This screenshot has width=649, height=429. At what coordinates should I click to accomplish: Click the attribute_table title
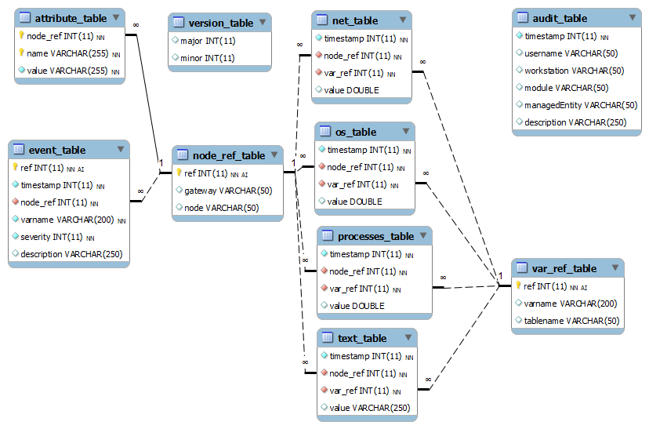[x=71, y=19]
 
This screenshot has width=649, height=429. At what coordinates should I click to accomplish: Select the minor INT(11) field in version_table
[x=208, y=58]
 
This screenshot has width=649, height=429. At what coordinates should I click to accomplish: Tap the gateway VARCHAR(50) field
[x=228, y=191]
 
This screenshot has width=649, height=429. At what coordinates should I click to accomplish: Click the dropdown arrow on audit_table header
[x=632, y=17]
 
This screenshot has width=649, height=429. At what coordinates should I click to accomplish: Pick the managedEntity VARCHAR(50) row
[x=581, y=105]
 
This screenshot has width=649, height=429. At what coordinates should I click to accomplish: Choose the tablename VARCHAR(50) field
[x=571, y=321]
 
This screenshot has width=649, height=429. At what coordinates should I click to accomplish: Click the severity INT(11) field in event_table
[x=52, y=237]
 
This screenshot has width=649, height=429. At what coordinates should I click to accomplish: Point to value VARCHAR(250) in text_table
[x=370, y=408]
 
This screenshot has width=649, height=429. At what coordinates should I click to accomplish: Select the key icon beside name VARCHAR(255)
[x=21, y=53]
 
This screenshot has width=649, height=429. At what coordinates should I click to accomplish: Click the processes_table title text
[x=375, y=236]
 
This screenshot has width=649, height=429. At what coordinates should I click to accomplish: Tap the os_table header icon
[x=325, y=131]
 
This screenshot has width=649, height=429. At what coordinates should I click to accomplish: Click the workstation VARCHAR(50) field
[x=574, y=71]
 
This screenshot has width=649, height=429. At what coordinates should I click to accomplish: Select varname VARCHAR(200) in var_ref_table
[x=571, y=304]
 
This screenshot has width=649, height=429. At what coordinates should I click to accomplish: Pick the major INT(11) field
[x=208, y=41]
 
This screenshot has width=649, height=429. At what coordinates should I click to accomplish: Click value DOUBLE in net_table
[x=351, y=90]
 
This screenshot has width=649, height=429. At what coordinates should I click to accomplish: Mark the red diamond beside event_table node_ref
[x=16, y=202]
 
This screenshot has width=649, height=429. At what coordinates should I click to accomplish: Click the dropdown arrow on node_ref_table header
[x=274, y=155]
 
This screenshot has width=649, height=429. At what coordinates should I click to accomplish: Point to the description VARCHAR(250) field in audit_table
[x=575, y=122]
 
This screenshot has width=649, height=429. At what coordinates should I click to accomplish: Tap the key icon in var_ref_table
[x=518, y=285]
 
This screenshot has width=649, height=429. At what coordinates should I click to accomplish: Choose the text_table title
[x=362, y=338]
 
